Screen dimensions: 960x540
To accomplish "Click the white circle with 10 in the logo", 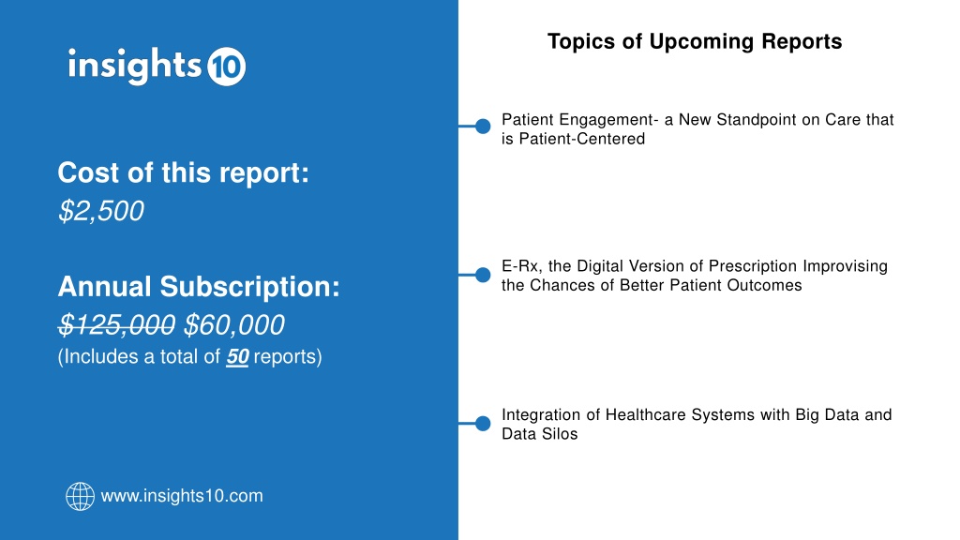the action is [227, 67].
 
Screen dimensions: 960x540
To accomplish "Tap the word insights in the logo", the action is [135, 65].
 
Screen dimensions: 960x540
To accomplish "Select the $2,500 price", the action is [101, 211].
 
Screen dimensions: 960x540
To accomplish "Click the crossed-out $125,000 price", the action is [116, 325].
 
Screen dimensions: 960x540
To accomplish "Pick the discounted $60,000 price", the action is [233, 325].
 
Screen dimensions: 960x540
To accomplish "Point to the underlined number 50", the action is [237, 356].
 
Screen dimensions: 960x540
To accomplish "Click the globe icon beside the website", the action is [81, 496].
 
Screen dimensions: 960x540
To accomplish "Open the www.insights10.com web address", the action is [182, 496].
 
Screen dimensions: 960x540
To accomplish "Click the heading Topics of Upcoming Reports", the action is [695, 41].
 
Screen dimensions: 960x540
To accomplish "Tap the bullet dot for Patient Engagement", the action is [483, 127].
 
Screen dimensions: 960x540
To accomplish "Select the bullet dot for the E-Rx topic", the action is [483, 275].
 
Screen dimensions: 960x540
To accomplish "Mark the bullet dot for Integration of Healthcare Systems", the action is [483, 423].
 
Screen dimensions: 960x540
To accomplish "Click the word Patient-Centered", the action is [581, 139].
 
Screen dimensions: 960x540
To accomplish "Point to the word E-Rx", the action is [521, 266].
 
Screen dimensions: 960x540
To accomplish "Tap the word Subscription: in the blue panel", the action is [249, 287].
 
